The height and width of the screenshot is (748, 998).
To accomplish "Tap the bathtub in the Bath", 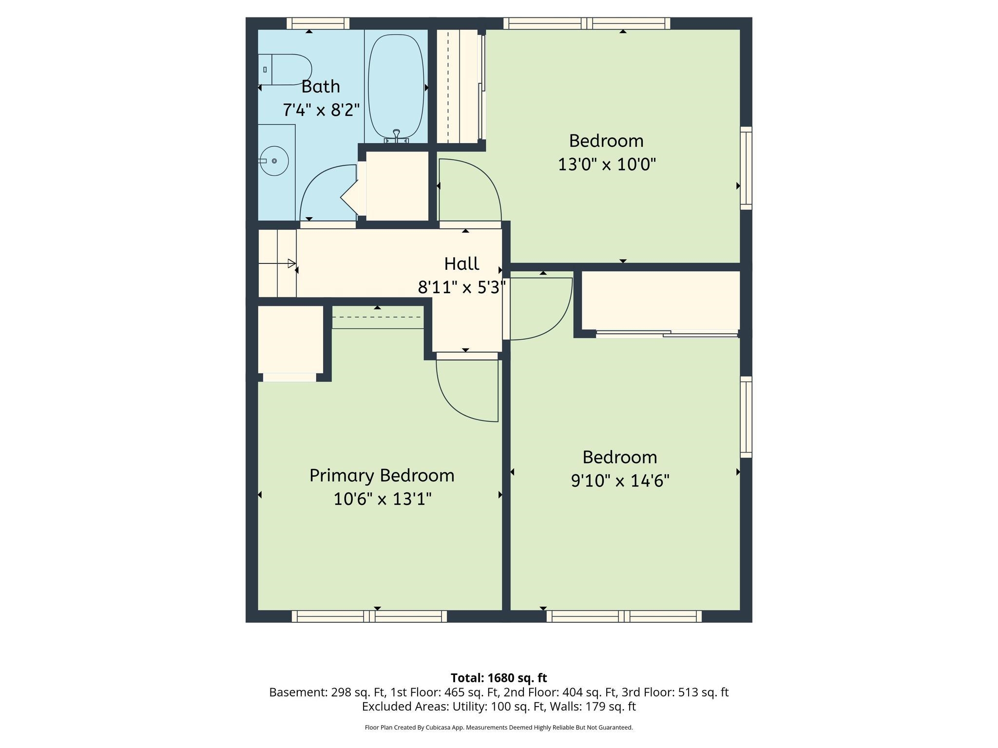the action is [396, 88].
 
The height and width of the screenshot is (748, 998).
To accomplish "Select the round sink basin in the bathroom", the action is [274, 161].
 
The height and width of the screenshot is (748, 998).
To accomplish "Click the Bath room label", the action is [321, 87].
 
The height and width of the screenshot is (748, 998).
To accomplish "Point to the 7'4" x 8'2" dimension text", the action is [321, 110].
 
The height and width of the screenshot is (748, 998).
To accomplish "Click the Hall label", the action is [461, 264].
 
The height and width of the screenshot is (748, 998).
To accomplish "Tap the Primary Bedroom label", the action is [382, 476].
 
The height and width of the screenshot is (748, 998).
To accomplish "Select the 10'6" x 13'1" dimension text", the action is [383, 499].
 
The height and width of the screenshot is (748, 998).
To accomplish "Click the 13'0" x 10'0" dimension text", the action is [607, 165].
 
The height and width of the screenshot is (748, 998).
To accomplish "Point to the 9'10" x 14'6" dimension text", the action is [620, 481].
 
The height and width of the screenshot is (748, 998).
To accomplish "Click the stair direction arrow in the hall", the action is [277, 263].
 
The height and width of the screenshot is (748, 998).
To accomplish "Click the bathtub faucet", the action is [396, 135].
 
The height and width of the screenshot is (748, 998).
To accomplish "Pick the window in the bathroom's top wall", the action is [318, 23].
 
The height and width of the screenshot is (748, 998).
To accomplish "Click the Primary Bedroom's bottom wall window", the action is [369, 617].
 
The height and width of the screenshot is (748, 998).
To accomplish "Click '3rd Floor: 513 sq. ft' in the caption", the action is [675, 692].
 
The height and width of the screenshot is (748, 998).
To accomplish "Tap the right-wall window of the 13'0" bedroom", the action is [746, 168].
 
